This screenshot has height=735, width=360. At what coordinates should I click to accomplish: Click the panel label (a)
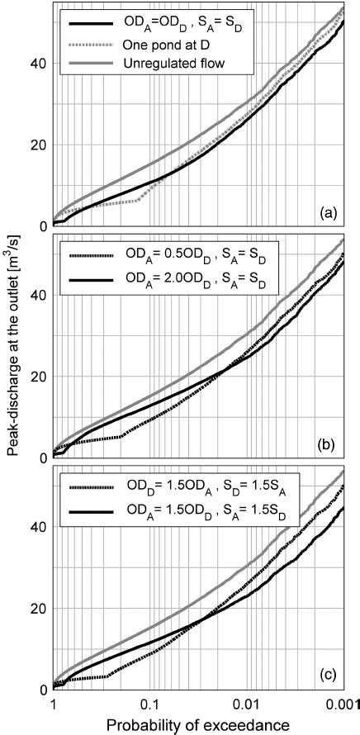334,212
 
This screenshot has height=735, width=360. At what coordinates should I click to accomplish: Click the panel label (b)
334,444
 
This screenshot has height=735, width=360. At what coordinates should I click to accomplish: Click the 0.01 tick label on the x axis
244,704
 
